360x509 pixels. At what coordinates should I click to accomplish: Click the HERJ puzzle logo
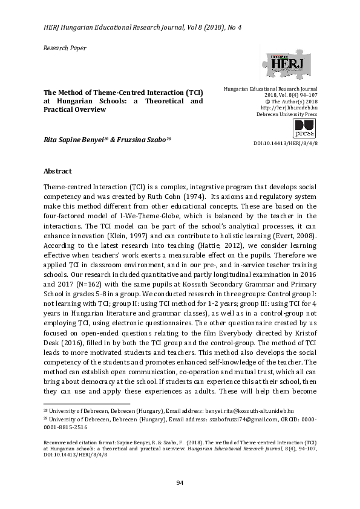286,63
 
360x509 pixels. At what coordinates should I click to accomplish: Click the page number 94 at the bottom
180,482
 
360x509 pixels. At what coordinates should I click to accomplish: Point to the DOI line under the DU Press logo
289,143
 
